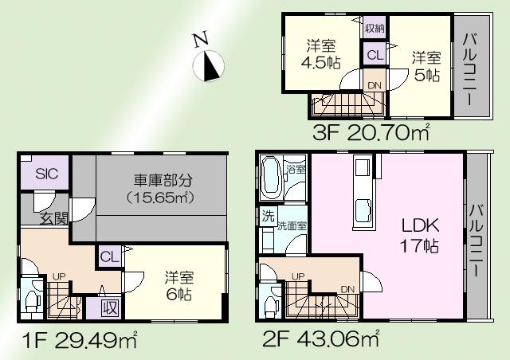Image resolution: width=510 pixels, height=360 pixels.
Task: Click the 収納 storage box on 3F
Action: (375, 28)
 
